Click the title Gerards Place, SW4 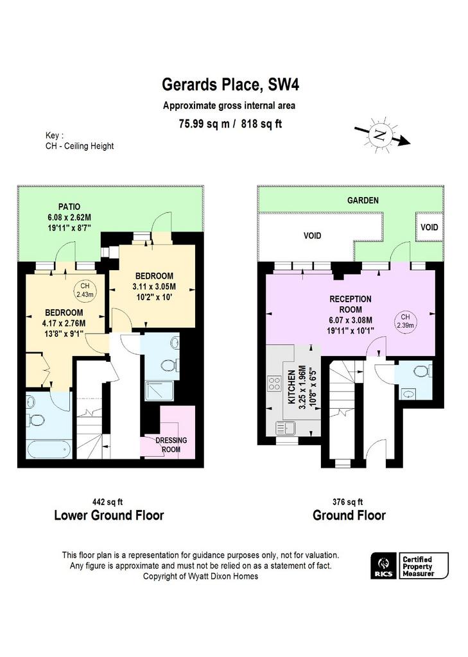pos(230,85)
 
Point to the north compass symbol pos(381,135)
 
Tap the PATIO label pos(69,207)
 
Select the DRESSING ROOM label pos(171,445)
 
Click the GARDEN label pos(363,200)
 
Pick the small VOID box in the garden pos(429,226)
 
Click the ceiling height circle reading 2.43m pos(85,290)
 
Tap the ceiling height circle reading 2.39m pos(405,321)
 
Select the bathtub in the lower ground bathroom pos(49,450)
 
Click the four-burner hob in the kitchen pos(274,384)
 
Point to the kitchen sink pos(286,428)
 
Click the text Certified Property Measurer pos(418,566)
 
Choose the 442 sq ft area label pos(107,502)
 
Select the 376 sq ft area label pos(348,502)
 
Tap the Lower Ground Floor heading pos(109,515)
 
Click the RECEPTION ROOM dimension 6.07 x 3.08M pos(351,320)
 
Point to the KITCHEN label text pos(291,387)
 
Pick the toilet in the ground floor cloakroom pos(420,370)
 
